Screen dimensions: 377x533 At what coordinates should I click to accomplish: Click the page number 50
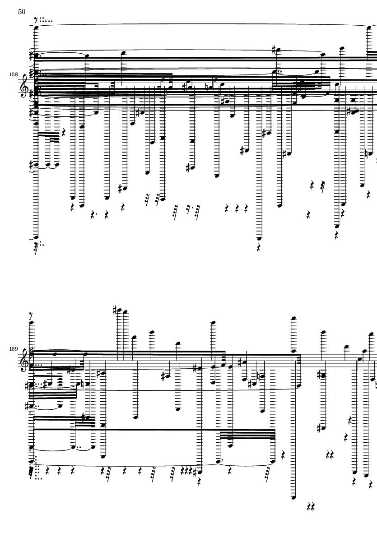click(22, 12)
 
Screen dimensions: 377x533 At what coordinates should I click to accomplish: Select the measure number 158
click(14, 74)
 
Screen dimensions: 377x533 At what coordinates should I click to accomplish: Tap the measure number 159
click(14, 349)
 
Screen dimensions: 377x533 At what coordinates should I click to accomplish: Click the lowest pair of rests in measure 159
click(311, 507)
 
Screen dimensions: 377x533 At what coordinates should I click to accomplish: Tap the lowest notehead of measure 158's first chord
click(36, 237)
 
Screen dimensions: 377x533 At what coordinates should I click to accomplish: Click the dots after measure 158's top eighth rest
click(46, 21)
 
